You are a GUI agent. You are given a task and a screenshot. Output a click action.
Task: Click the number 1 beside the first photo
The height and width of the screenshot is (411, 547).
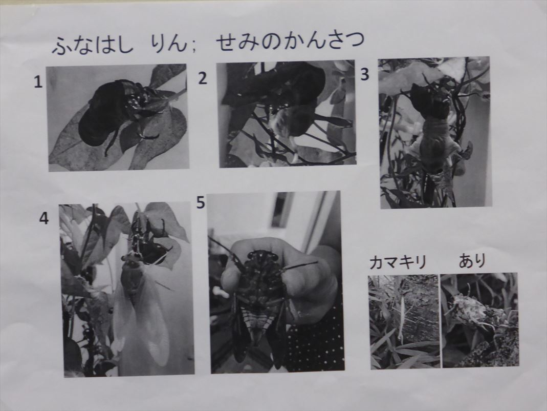38,82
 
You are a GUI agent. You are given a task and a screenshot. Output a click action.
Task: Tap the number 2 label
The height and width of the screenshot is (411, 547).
203,78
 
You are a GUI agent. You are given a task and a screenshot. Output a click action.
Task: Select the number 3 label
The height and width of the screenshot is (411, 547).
364,74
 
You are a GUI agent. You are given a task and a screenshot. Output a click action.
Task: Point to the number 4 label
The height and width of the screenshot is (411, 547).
44,218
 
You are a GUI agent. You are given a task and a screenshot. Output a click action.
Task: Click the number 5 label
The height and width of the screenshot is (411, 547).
201,202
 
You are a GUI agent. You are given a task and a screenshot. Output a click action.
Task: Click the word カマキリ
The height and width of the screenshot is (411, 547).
398,262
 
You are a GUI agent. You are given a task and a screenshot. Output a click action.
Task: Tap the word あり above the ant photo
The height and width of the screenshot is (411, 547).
472,260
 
